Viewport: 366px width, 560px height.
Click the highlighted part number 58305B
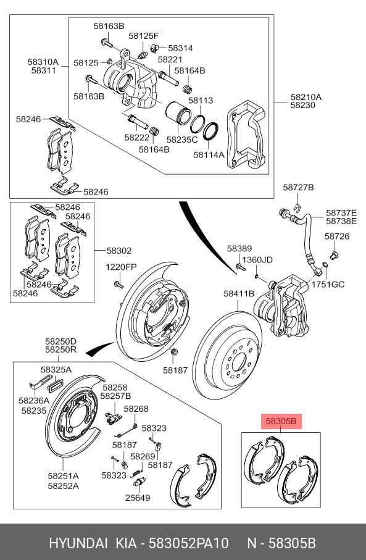click(281, 422)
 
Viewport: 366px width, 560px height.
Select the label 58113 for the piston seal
click(201, 101)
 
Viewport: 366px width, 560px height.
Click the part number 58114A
click(209, 155)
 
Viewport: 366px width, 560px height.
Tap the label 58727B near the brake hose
click(299, 187)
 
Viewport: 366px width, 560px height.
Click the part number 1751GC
click(327, 285)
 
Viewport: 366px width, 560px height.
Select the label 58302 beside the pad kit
click(119, 251)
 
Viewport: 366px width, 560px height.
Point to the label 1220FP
click(120, 267)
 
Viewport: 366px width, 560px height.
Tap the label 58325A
click(56, 369)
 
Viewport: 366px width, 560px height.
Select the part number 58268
click(136, 409)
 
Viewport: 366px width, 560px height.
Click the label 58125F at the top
click(144, 36)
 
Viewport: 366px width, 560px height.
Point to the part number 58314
click(180, 48)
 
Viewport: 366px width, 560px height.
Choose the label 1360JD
click(257, 259)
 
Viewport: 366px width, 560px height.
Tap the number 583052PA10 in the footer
click(188, 543)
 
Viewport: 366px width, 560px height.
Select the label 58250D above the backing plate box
click(60, 341)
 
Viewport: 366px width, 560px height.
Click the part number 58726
click(337, 236)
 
